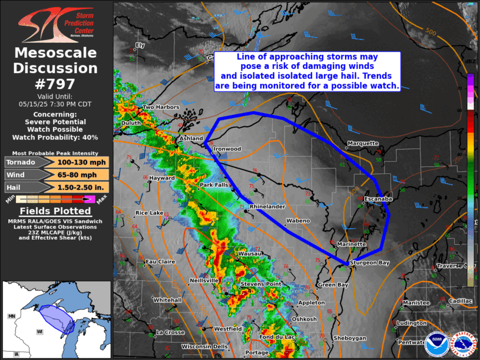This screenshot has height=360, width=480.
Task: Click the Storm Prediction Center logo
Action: point(56,23)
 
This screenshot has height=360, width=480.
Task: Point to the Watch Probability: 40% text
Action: point(55,137)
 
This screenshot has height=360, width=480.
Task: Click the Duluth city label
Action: point(130,123)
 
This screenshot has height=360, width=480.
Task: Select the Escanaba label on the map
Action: point(378,199)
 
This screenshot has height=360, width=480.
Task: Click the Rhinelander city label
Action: point(268,207)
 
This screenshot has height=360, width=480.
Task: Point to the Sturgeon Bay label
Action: point(369,262)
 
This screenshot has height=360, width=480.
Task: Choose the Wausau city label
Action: point(247,254)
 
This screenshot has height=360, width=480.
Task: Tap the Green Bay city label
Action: point(333,285)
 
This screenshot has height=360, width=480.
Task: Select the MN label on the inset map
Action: point(11,316)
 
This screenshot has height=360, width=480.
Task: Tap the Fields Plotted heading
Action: point(55,211)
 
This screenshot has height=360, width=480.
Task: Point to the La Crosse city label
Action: point(171,332)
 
